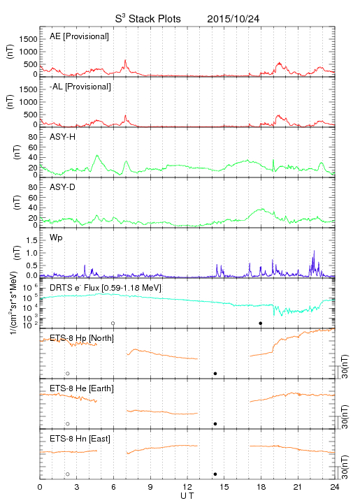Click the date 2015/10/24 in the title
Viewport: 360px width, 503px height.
coord(233,19)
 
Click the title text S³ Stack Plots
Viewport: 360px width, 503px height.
coord(148,19)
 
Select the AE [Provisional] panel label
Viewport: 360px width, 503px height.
coord(79,36)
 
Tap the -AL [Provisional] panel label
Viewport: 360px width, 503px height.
coord(80,87)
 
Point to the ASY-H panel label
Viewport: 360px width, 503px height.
coord(63,137)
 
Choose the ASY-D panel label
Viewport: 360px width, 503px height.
coord(63,187)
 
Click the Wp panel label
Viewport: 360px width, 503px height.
coord(56,238)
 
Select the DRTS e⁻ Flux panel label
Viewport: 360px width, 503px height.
coord(106,288)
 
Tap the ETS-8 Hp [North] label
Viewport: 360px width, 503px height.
coord(82,338)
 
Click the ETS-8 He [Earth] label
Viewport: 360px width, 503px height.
coord(82,388)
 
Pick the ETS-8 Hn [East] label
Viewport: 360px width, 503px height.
coord(80,439)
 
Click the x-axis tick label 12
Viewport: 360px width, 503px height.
coord(187,487)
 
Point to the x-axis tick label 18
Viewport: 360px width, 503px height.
coord(261,487)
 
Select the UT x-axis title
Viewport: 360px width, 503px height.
coord(187,496)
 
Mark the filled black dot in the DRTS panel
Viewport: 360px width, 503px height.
coord(261,323)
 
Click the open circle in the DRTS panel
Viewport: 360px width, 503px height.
coord(113,323)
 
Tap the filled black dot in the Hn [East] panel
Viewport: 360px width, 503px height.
coord(215,474)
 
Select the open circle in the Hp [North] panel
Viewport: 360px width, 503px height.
coord(68,373)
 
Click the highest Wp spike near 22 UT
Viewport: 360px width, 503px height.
coord(314,251)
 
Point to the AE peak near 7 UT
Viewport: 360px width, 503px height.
coord(125,60)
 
